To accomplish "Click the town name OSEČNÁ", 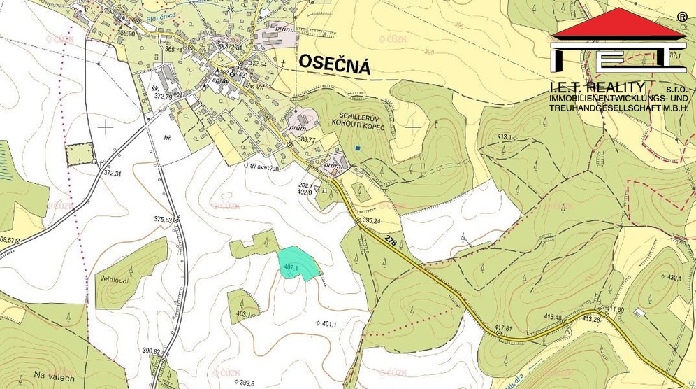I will tap(334, 63).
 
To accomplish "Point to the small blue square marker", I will tap(357, 148).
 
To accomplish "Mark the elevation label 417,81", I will tap(503, 327).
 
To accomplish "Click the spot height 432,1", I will tap(674, 277).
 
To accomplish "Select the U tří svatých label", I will tap(261, 168).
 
